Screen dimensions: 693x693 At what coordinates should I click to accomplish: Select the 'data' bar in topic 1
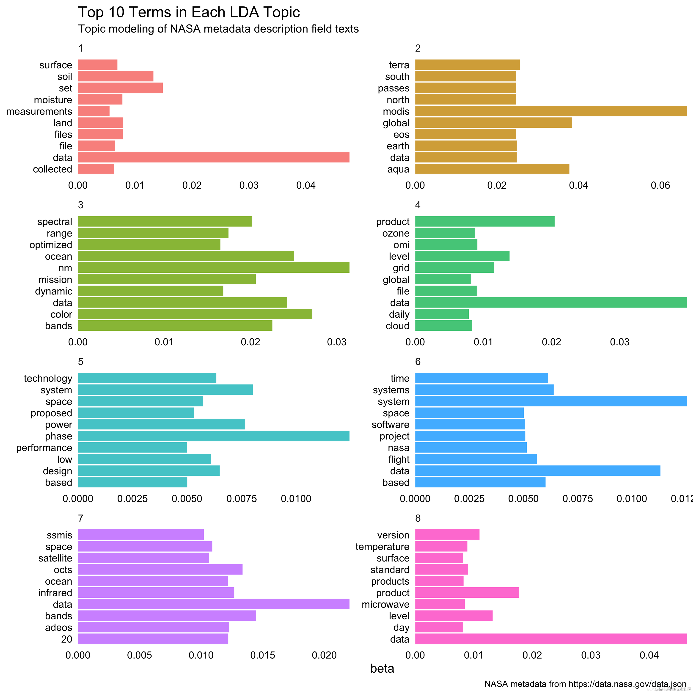(x=213, y=157)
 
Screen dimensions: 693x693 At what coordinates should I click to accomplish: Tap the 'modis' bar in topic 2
(x=551, y=111)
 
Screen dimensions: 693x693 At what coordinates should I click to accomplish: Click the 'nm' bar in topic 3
(x=213, y=268)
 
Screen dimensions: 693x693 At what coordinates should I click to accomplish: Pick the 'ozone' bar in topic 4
(x=445, y=233)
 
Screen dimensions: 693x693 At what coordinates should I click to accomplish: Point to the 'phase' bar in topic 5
(x=213, y=436)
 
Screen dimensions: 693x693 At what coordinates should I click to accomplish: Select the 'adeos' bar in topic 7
(x=154, y=627)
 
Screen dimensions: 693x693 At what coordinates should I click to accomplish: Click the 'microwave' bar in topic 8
(x=440, y=604)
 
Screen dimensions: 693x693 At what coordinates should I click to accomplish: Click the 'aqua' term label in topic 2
(x=398, y=169)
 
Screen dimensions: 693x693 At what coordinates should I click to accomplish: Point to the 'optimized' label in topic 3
(x=51, y=245)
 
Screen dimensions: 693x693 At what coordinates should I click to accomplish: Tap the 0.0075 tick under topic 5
(x=241, y=499)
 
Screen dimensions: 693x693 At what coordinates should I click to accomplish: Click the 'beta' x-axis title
(x=382, y=669)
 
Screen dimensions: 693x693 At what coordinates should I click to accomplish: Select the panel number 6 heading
(x=418, y=362)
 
